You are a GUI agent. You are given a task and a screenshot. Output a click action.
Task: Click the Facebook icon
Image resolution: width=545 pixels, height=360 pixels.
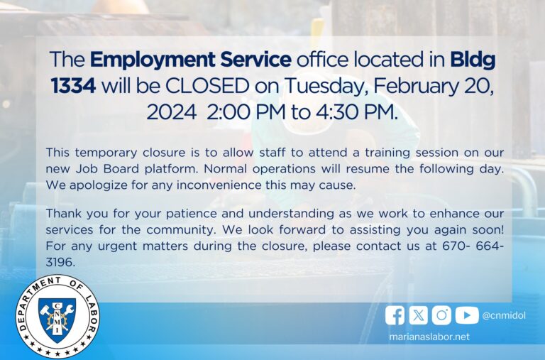tap(395, 315)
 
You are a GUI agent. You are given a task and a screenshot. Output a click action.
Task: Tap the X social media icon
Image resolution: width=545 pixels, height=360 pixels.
tap(419, 315)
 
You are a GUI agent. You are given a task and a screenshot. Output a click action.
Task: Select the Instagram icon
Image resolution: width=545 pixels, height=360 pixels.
tap(442, 315)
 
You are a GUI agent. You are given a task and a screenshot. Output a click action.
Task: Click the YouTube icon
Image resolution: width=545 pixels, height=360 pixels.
tap(466, 315)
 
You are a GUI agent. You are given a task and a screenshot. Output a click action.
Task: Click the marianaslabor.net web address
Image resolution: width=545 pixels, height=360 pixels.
tap(429, 337)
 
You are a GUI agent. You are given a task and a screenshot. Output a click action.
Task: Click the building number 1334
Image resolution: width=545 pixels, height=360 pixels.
tap(73, 86)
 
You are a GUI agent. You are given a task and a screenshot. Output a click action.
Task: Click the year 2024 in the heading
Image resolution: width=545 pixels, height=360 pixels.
tap(171, 112)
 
